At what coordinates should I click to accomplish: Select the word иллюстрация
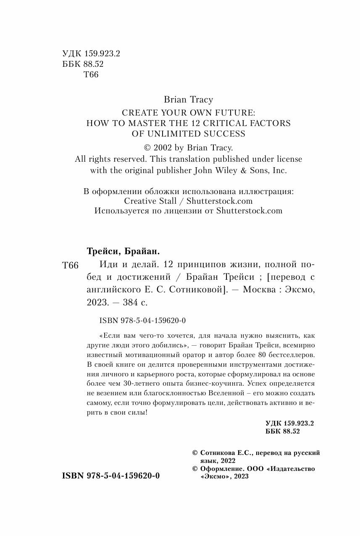pos(266,191)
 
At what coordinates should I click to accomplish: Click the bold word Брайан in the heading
pos(142,251)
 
